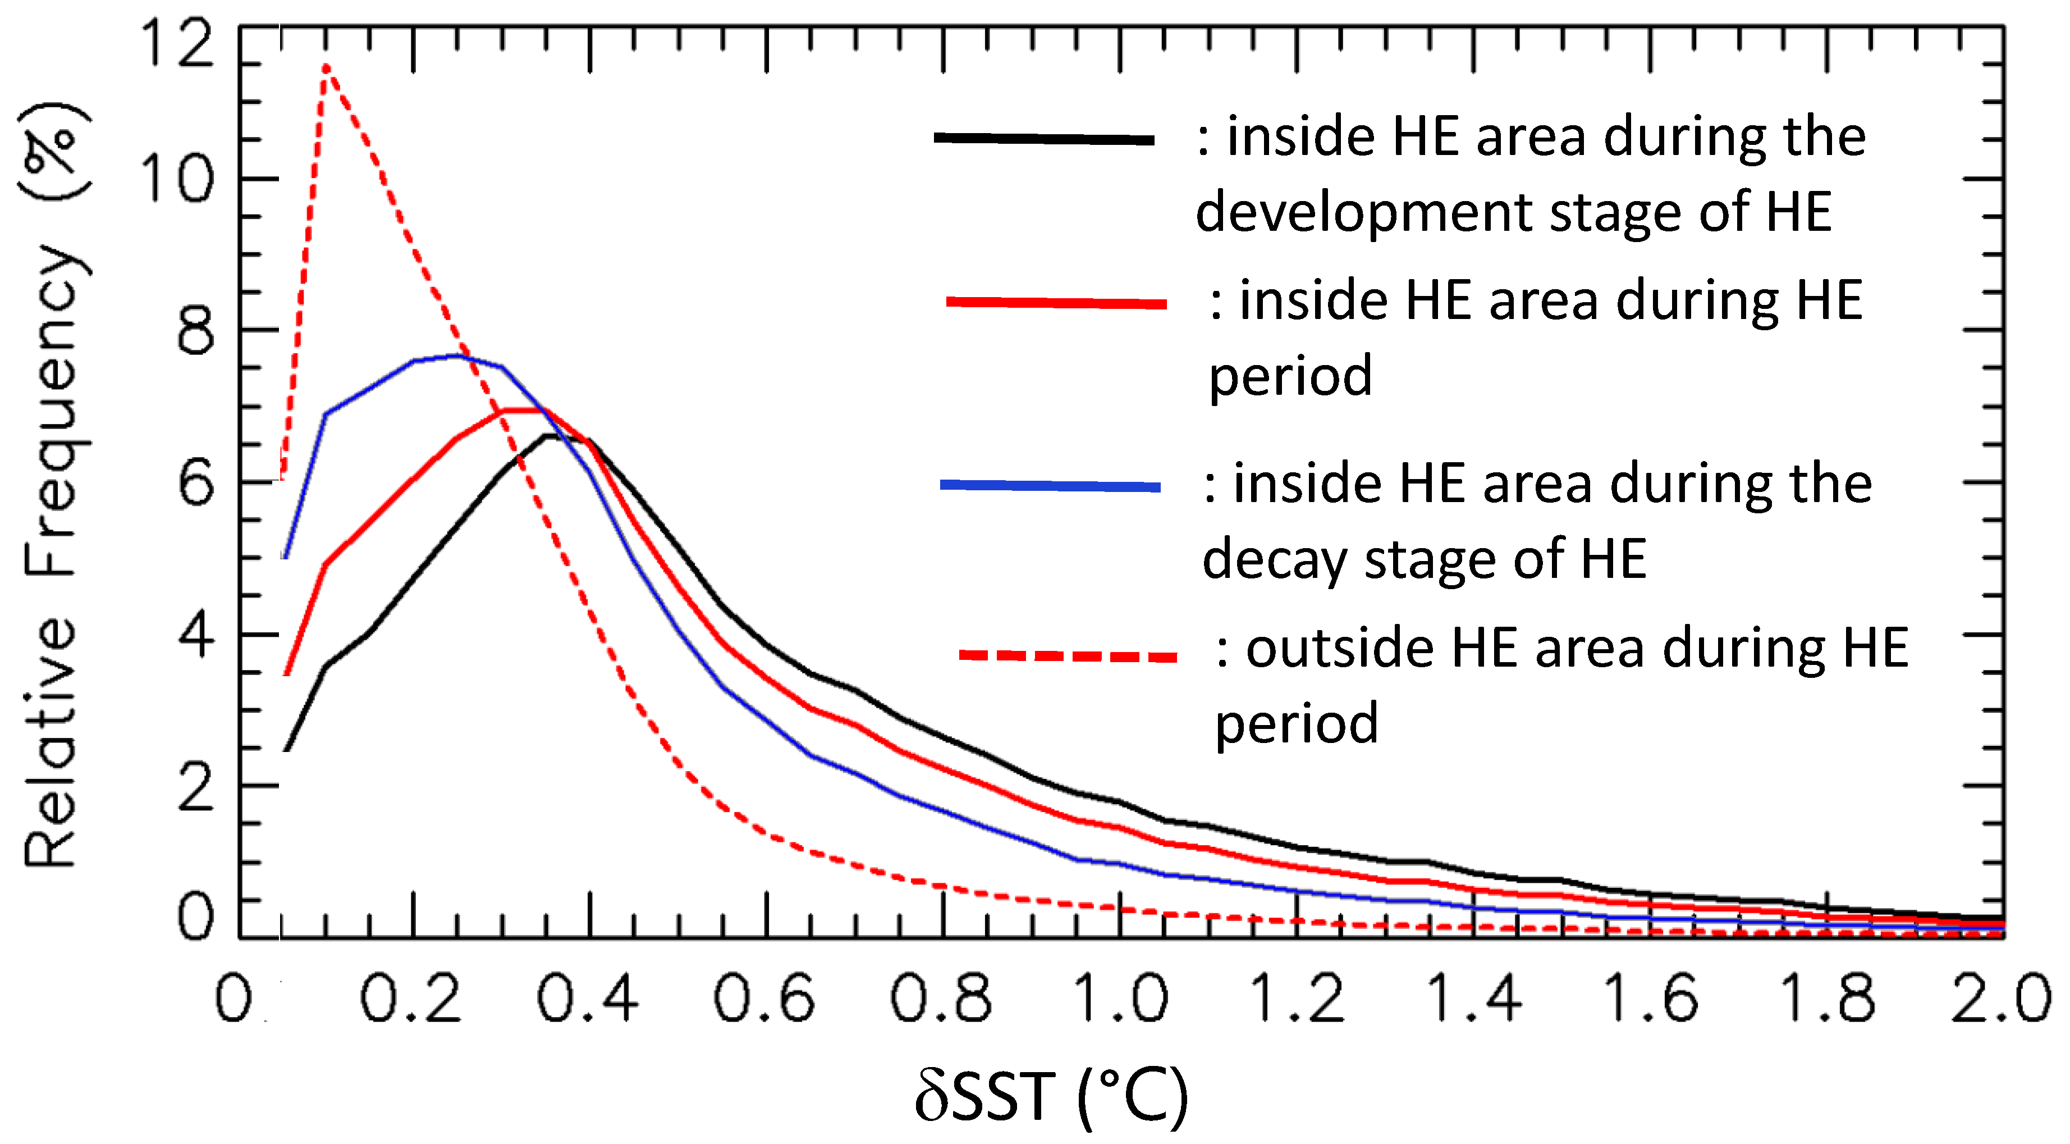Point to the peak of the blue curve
(457, 355)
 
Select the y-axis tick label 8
(195, 330)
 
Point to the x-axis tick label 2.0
(2001, 999)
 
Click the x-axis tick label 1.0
(1119, 999)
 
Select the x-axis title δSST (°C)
(1051, 1097)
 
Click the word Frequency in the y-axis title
(52, 410)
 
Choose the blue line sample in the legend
(1050, 485)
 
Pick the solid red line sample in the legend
(1056, 302)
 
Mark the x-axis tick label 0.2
(411, 999)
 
